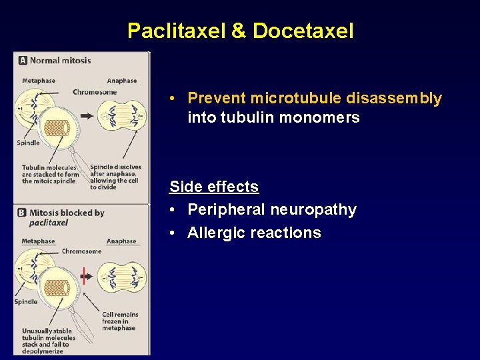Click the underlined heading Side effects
point(214,187)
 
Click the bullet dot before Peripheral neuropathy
point(173,210)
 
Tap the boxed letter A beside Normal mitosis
point(23,60)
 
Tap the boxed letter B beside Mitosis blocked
point(23,213)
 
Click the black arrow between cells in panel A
point(87,116)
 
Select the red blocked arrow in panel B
point(84,275)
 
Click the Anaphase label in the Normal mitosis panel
point(121,81)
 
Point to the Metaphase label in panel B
point(39,241)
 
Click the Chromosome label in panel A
point(95,92)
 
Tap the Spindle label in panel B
point(27,302)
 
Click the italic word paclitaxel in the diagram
point(49,223)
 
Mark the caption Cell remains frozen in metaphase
point(120,321)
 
